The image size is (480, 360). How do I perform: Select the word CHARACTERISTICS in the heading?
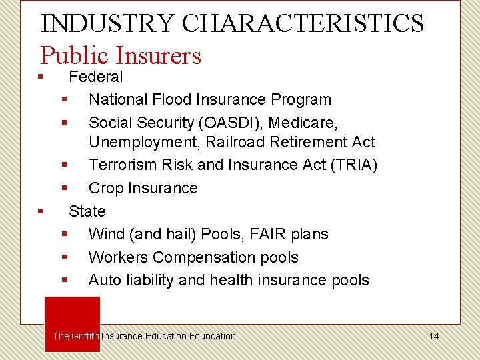[x=303, y=23]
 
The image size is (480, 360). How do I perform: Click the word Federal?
[x=96, y=77]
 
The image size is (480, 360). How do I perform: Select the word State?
[x=87, y=211]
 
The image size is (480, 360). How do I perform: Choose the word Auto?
[x=105, y=280]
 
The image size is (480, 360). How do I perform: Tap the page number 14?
[x=434, y=336]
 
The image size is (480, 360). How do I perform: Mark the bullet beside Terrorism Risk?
[x=65, y=165]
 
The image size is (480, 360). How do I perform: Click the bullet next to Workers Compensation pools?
[x=65, y=257]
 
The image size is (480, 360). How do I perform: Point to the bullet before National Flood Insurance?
[x=65, y=99]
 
